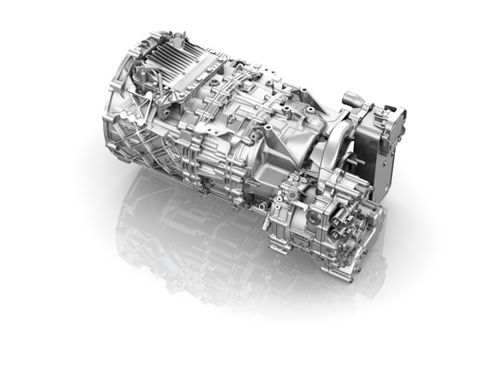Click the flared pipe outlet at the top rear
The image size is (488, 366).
[351, 98]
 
